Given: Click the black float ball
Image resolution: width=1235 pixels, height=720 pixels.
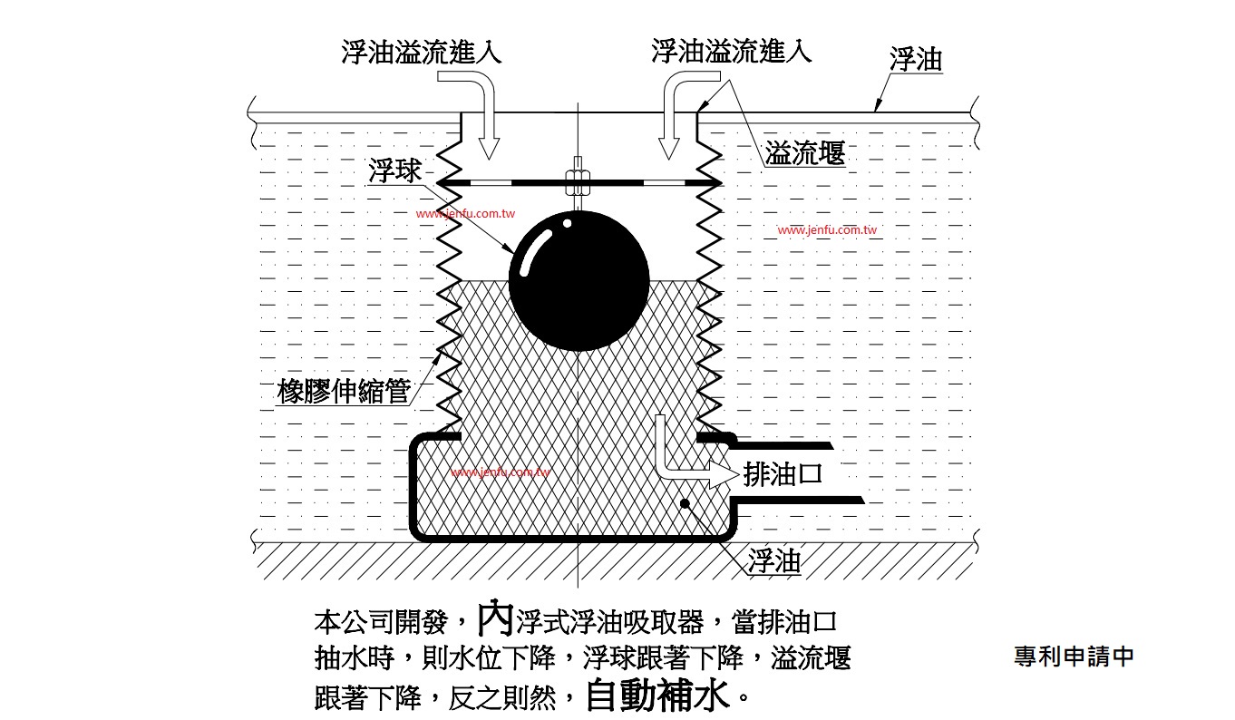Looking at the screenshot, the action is pyautogui.click(x=579, y=280).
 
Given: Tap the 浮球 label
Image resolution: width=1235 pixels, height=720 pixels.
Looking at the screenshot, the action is pyautogui.click(x=394, y=170).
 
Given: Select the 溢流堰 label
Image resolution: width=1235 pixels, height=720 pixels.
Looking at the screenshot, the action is pyautogui.click(x=805, y=152).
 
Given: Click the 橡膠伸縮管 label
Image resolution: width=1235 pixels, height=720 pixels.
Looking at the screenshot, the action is pyautogui.click(x=344, y=392).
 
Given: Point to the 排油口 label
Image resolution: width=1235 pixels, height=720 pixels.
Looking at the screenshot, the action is pyautogui.click(x=783, y=474).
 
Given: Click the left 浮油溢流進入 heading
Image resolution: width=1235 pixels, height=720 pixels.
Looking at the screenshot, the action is pyautogui.click(x=422, y=53).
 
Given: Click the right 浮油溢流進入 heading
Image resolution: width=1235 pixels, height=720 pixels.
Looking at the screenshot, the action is pyautogui.click(x=732, y=52).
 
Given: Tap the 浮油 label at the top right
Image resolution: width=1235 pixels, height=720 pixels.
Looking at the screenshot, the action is pyautogui.click(x=916, y=60).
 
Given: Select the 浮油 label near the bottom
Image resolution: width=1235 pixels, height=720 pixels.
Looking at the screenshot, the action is pyautogui.click(x=774, y=561).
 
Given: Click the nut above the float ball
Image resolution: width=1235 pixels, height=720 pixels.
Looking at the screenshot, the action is pyautogui.click(x=578, y=182).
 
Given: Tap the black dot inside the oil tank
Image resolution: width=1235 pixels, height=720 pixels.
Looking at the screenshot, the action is pyautogui.click(x=685, y=503).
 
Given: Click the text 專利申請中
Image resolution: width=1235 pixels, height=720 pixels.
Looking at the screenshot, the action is pyautogui.click(x=1074, y=656).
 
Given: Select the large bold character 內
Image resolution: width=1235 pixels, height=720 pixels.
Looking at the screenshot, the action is pyautogui.click(x=495, y=619).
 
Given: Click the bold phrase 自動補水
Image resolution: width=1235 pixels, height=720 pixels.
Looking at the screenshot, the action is pyautogui.click(x=657, y=696).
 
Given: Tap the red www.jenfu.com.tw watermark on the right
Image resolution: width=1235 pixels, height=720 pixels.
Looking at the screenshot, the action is pyautogui.click(x=827, y=230).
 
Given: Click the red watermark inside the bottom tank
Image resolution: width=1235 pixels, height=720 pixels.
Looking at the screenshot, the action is pyautogui.click(x=501, y=472).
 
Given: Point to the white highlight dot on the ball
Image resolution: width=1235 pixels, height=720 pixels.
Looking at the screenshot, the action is pyautogui.click(x=568, y=223).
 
